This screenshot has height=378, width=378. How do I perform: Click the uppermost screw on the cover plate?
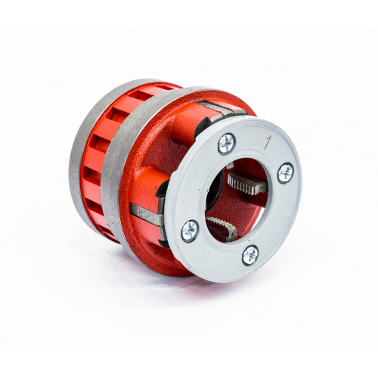[227, 144]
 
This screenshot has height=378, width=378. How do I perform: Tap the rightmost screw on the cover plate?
[286, 173]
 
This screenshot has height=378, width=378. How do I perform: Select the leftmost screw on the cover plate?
[190, 231]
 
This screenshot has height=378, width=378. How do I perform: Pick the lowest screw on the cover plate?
[250, 255]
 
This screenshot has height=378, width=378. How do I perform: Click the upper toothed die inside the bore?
[246, 182]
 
